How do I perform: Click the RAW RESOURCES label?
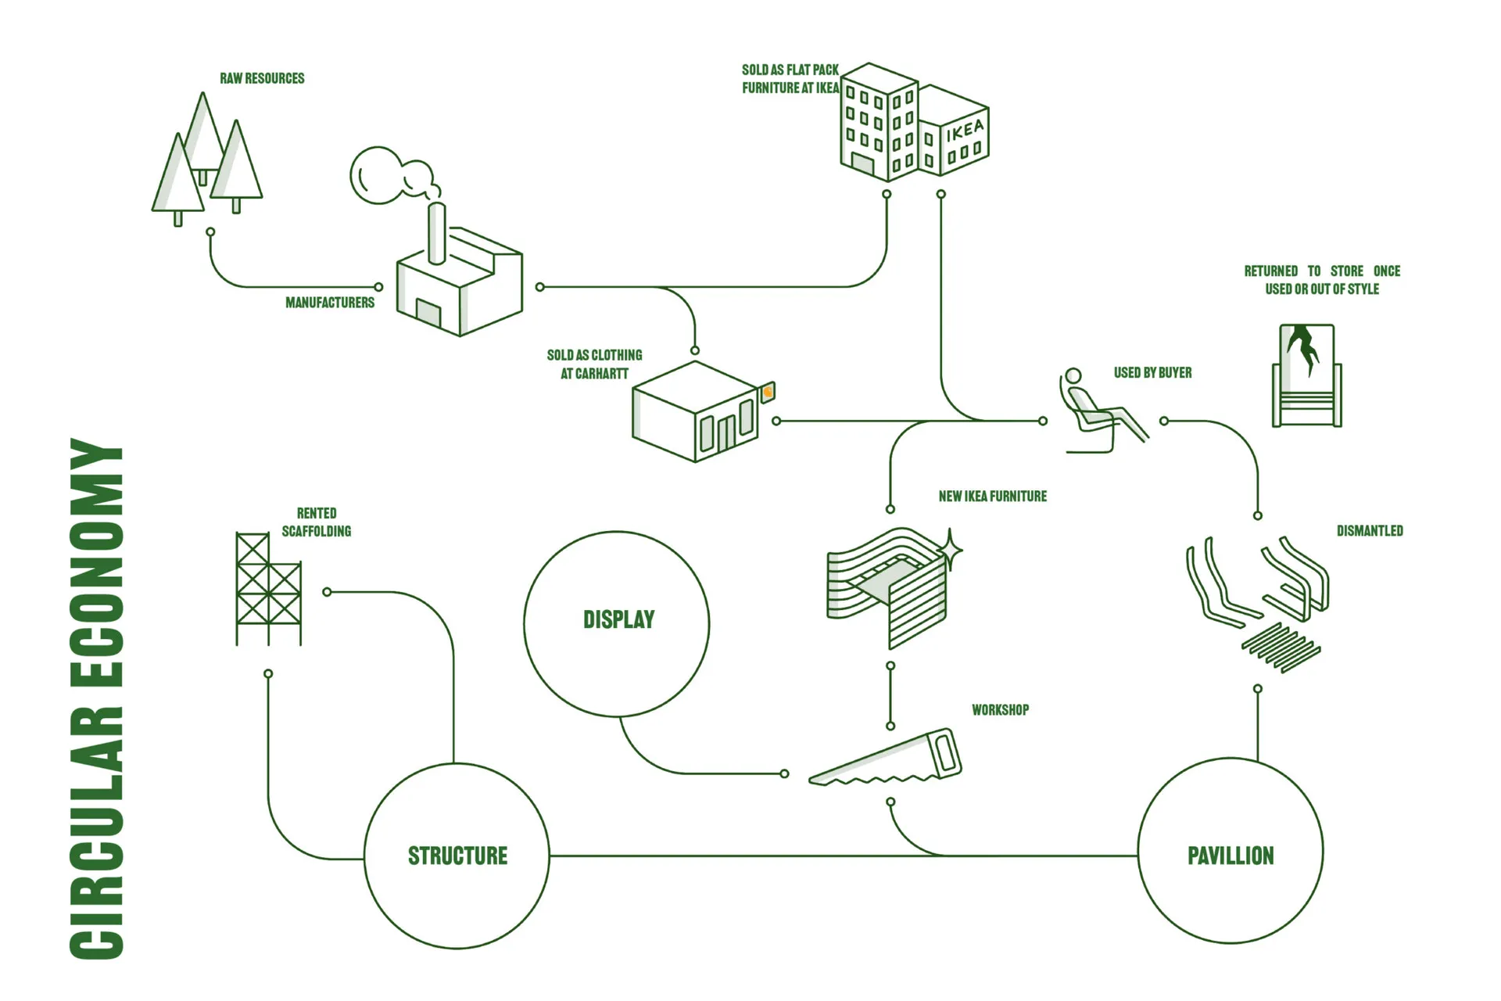point(262,78)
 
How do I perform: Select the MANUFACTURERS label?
point(329,303)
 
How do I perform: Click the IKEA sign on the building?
point(965,131)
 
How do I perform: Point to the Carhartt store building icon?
point(694,412)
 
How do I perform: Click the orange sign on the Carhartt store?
point(768,392)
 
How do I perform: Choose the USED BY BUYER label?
point(1152,373)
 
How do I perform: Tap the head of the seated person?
point(1073,376)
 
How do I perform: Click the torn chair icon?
point(1306,375)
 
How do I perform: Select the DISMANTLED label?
point(1369,531)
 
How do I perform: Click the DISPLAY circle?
point(617,623)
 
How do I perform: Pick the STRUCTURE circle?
point(457,856)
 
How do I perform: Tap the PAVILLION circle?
point(1231,852)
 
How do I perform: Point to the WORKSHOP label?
point(1000,710)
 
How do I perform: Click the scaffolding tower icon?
point(268,589)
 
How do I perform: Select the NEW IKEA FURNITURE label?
point(992,497)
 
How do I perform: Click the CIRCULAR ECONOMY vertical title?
point(97,698)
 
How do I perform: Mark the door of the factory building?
point(428,313)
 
